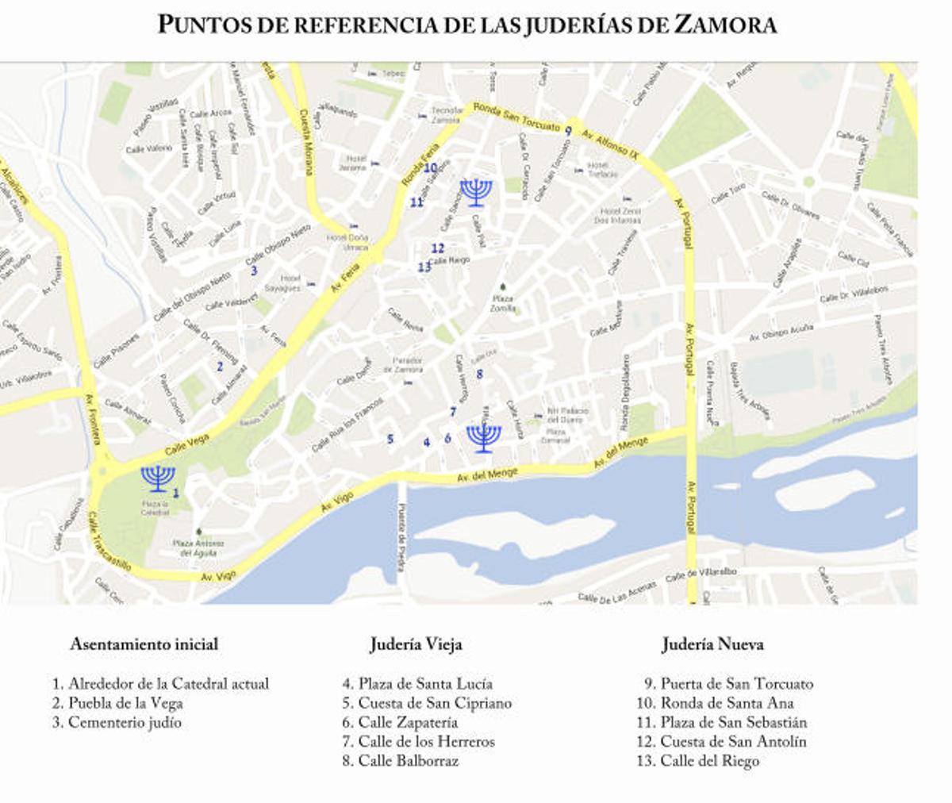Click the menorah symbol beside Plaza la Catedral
(x=158, y=478)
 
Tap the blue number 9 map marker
(x=569, y=132)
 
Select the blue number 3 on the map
(x=254, y=270)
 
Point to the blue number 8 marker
(x=479, y=374)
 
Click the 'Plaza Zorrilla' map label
(x=502, y=303)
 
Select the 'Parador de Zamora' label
(x=408, y=364)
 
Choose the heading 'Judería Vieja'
(x=416, y=644)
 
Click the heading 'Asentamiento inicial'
(x=144, y=644)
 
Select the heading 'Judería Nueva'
(x=712, y=644)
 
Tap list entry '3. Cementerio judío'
(x=117, y=722)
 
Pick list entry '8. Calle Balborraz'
(x=401, y=761)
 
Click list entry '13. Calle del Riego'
(x=698, y=761)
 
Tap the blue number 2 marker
(x=220, y=367)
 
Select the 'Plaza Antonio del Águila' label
(x=198, y=547)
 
